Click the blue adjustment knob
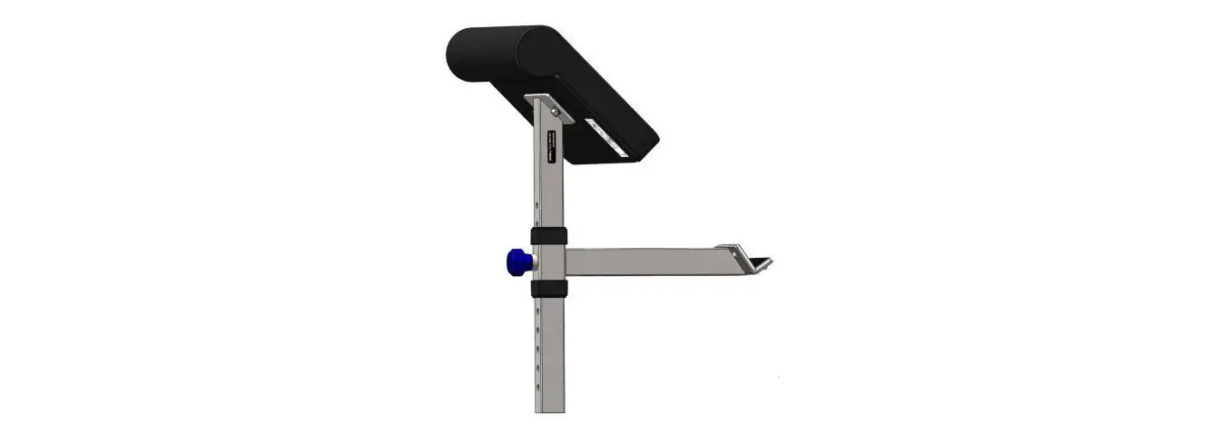(x=518, y=263)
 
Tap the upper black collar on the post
(x=549, y=236)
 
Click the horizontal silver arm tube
(x=645, y=261)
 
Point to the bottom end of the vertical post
(x=549, y=409)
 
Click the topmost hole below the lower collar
(x=537, y=311)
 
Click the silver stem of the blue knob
(x=535, y=263)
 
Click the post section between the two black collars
(x=549, y=262)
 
